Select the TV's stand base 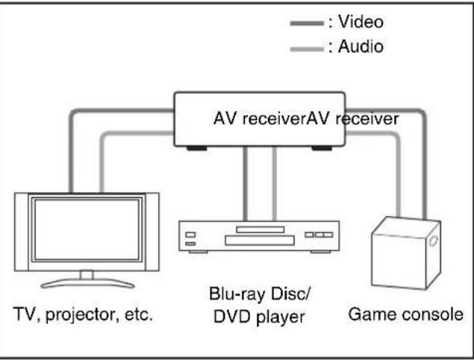coord(87,283)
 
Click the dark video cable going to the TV coord(70,149)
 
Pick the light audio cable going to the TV coord(102,161)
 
